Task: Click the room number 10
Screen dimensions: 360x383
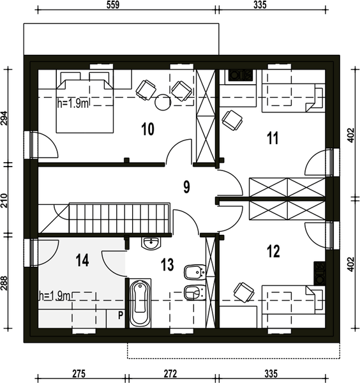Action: (x=147, y=129)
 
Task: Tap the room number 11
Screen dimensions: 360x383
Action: (x=273, y=138)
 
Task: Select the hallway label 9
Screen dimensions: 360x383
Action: (x=186, y=187)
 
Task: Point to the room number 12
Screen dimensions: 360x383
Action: (x=273, y=252)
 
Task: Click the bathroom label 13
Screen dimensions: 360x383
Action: (x=167, y=265)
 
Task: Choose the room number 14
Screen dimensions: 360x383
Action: (x=82, y=260)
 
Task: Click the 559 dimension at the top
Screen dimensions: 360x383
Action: (x=113, y=5)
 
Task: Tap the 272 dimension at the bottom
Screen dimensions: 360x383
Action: (x=170, y=373)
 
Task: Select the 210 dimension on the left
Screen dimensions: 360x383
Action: (x=4, y=200)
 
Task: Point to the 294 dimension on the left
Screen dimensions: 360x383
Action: (x=4, y=118)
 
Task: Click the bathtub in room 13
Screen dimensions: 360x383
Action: (x=140, y=303)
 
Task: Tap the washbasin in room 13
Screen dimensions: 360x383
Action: (x=151, y=243)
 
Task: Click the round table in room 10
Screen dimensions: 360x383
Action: (x=163, y=102)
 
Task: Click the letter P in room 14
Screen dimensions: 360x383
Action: (x=121, y=315)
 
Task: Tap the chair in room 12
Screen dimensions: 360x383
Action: (x=244, y=292)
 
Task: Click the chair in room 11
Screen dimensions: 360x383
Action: (x=232, y=120)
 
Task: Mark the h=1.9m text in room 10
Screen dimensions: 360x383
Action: (x=73, y=103)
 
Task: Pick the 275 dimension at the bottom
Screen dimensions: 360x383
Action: (x=79, y=373)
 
